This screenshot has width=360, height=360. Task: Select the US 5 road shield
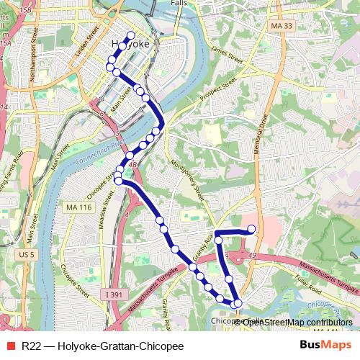27,255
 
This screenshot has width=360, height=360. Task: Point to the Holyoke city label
131,45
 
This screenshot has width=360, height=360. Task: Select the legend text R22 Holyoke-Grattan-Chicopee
102,346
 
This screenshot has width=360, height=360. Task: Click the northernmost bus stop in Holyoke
131,35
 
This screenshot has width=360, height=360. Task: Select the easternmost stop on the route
252,229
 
